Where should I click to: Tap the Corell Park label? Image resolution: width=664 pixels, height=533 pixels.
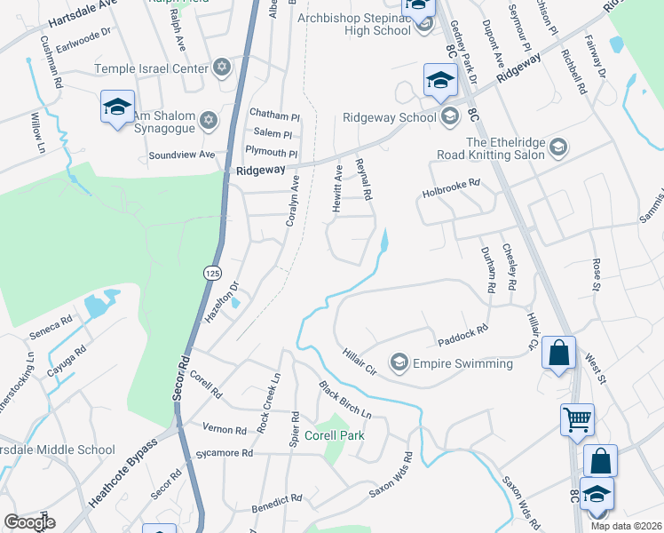tap(334, 435)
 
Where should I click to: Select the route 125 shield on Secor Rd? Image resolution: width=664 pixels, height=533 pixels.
tap(210, 272)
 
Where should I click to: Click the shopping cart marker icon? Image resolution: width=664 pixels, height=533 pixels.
tap(577, 418)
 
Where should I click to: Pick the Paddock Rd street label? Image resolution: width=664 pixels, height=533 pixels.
tap(463, 338)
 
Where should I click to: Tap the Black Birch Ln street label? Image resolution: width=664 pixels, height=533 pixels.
tap(345, 400)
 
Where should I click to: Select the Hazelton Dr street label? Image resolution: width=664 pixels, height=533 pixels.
tap(223, 303)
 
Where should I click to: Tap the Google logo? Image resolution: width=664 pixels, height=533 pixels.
tap(29, 522)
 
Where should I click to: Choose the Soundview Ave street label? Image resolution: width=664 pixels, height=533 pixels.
tap(182, 155)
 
